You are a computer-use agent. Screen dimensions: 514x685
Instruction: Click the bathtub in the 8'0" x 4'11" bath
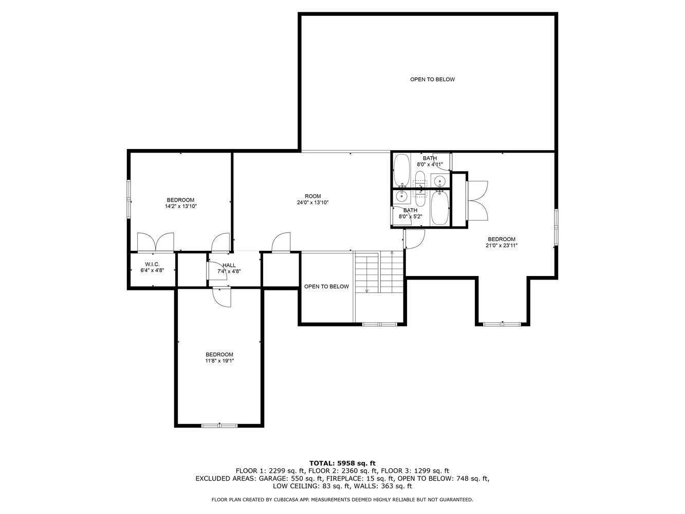coord(401,170)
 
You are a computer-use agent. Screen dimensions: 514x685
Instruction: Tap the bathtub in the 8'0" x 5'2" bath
coord(439,208)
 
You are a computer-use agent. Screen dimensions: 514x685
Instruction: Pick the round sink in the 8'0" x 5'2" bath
coord(402,196)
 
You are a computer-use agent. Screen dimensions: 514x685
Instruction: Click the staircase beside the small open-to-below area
coord(379,272)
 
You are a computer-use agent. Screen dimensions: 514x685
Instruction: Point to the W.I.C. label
coord(152,264)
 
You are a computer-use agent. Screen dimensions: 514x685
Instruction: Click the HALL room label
coord(229,265)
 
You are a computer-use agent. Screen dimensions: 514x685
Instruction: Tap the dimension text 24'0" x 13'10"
coord(312,203)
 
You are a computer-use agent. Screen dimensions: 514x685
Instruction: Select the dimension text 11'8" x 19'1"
coord(219,361)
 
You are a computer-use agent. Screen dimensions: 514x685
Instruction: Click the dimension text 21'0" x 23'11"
coord(501,246)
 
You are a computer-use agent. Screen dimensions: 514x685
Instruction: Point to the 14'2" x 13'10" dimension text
coord(181,206)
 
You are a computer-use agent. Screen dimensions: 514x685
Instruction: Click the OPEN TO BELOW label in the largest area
coord(432,80)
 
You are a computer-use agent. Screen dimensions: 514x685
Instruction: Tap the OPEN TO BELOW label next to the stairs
coord(326,287)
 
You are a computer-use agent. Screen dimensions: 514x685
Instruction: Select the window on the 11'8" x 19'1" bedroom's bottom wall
coord(219,425)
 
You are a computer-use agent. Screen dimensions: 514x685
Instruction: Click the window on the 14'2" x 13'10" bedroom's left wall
coord(129,199)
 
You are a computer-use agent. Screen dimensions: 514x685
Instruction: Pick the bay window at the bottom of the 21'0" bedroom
coord(502,324)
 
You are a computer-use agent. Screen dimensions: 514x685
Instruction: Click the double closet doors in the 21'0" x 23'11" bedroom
coord(477,201)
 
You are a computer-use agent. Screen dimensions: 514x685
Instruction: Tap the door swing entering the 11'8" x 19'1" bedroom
coord(223,297)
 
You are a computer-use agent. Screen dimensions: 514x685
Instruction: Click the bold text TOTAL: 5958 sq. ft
coord(342,463)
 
